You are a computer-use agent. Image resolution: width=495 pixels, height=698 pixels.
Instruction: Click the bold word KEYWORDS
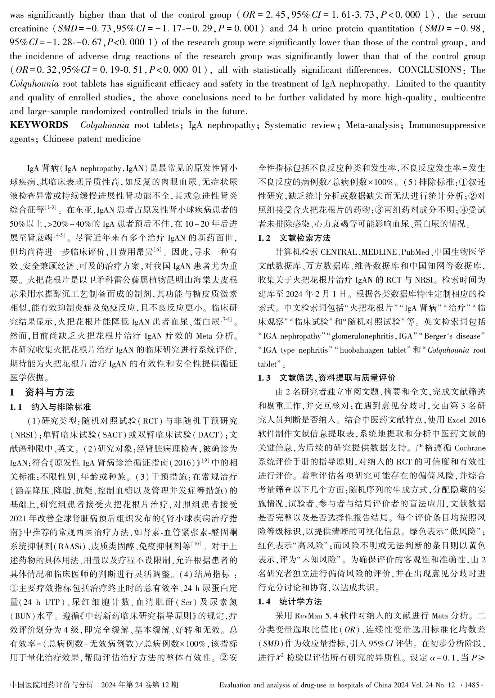coord(39,125)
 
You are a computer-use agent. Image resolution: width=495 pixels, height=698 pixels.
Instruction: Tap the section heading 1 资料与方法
coord(42,392)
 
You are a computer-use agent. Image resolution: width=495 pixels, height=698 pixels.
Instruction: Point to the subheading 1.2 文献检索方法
coord(294,238)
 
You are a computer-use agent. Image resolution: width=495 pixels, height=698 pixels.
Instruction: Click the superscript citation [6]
coord(157,249)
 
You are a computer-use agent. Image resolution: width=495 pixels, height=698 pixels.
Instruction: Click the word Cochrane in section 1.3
coord(470,449)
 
